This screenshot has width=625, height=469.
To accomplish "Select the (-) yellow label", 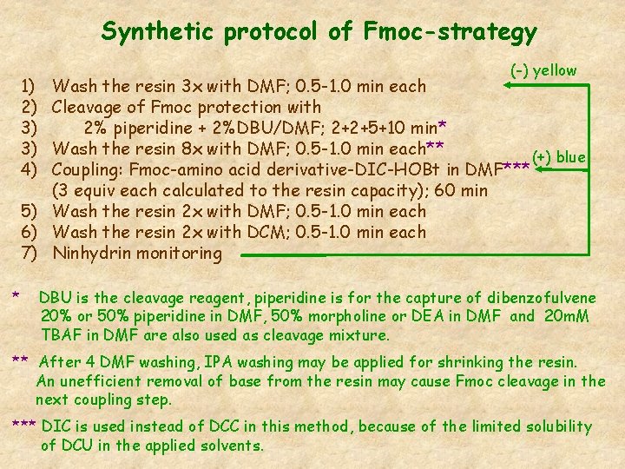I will [543, 70].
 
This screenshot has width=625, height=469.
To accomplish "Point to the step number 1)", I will [28, 86].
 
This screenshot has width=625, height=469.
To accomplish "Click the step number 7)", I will [28, 254].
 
